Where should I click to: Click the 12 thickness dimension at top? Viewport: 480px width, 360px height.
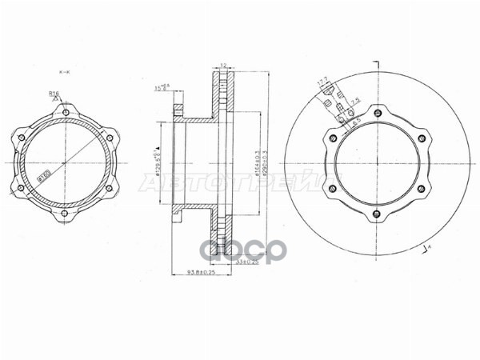point(225,66)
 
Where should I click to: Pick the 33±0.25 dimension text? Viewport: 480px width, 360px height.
point(248,261)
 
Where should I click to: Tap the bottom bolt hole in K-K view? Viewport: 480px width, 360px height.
point(64,214)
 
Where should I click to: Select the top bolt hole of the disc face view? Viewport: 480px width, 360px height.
point(376,112)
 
